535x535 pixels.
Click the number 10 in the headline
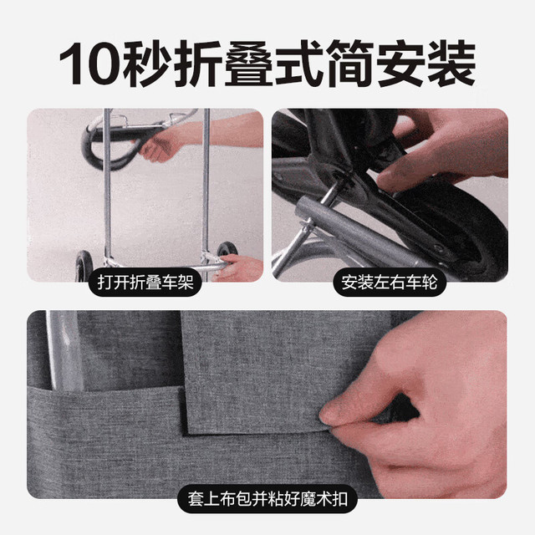(90, 64)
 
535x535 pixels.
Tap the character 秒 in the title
(147, 64)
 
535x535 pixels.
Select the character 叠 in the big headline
(248, 64)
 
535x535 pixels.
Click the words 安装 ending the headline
(425, 64)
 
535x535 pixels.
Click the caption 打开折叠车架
(145, 283)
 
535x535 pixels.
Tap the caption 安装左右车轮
(390, 283)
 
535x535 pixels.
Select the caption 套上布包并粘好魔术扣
(267, 499)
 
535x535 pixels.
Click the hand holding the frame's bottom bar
(239, 267)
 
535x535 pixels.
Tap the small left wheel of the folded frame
(84, 266)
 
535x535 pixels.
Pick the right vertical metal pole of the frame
(206, 184)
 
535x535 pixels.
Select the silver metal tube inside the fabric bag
(65, 351)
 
